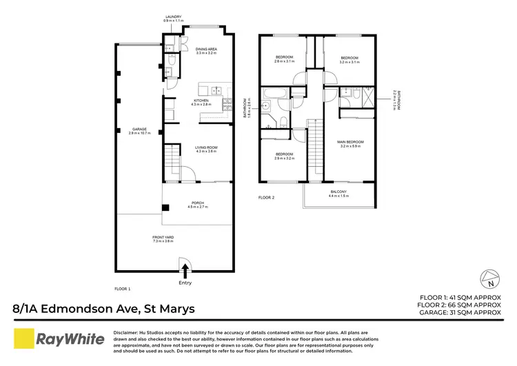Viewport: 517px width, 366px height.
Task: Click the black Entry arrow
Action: tap(184, 270)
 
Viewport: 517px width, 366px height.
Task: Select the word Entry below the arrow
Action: tap(185, 283)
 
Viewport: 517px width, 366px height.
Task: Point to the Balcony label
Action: tap(338, 193)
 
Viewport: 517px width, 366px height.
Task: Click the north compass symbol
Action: tap(488, 279)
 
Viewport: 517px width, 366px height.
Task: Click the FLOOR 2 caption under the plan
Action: tap(266, 198)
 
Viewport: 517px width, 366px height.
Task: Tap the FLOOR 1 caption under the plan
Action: tap(122, 288)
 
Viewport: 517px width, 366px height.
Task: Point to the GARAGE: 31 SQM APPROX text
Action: tap(460, 312)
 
